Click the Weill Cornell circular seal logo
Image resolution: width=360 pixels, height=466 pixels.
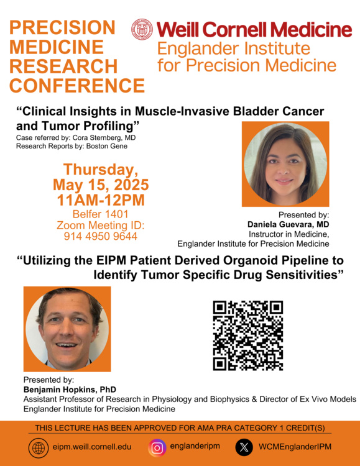point(142,29)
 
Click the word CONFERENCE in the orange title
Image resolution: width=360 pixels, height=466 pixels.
point(77,86)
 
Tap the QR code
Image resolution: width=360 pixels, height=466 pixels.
point(248,336)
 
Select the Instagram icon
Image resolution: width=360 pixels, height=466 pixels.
point(157,447)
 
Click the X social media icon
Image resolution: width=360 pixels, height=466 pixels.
point(244,447)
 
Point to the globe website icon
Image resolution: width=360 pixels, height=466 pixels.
point(39,448)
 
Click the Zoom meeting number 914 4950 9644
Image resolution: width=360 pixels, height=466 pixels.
point(101,236)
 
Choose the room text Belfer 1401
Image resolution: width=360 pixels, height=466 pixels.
point(101,214)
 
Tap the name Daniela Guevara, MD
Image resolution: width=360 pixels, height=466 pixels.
point(288,224)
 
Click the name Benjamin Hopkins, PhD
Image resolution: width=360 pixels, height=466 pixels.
point(70,390)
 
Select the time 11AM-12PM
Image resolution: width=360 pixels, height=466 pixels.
point(101,200)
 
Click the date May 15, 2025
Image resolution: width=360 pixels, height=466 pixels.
point(101,185)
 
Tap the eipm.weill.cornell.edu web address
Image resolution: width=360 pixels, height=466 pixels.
point(92,447)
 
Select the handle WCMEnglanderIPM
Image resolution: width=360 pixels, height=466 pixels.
point(295,447)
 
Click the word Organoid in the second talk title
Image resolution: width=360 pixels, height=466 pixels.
point(251,260)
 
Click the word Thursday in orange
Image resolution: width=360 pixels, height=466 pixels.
point(101,170)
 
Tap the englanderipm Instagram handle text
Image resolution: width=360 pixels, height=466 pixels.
point(195,446)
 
